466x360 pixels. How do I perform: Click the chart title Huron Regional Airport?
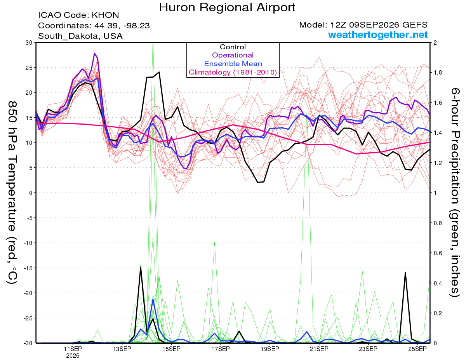point(227,7)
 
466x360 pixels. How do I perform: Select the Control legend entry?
point(233,47)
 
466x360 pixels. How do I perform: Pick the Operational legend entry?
point(233,55)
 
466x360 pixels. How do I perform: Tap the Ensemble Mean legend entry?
point(233,64)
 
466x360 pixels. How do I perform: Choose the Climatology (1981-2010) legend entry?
point(233,72)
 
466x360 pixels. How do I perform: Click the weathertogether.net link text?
point(378,35)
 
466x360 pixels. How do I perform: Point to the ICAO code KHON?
point(105,15)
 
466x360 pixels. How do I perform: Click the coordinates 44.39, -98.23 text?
point(122,26)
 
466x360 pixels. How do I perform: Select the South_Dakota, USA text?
point(80,36)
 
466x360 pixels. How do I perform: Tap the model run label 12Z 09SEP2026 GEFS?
point(379,25)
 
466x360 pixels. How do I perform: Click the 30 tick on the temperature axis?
point(29,43)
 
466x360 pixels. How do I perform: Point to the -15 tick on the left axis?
point(28,268)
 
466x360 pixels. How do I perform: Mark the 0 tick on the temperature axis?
point(31,193)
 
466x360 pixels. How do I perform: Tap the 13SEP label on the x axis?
point(122,349)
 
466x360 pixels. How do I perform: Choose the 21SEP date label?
point(319,349)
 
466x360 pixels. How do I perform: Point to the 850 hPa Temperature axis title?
point(12,193)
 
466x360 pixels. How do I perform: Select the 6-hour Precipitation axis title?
point(455,192)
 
